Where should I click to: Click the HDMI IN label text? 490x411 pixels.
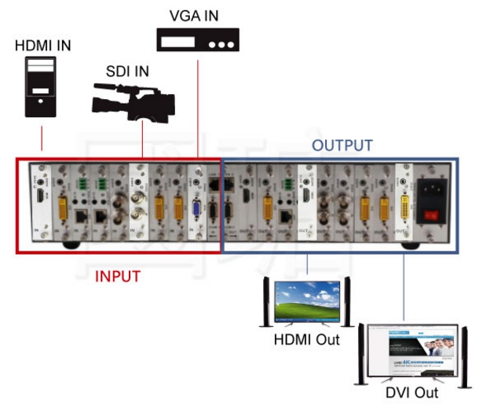pos(42,46)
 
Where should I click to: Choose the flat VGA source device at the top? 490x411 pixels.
pos(197,39)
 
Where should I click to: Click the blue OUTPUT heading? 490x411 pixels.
pos(342,145)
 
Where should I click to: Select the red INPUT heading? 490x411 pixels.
pos(118,276)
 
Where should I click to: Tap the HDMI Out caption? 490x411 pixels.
pos(307,339)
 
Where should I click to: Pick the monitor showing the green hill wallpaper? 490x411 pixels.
pos(306,303)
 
